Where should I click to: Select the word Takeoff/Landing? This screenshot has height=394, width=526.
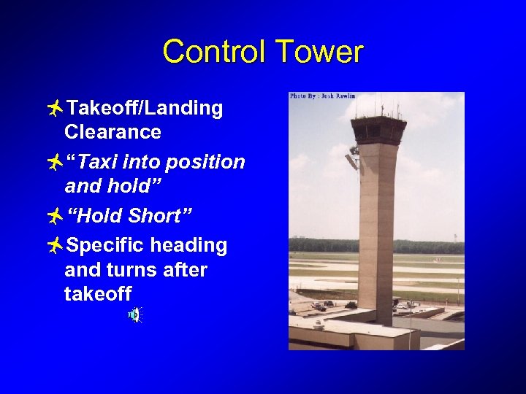click(145, 109)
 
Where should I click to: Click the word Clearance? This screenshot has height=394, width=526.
click(113, 132)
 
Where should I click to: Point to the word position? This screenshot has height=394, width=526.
click(205, 162)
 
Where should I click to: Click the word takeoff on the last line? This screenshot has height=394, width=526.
click(98, 294)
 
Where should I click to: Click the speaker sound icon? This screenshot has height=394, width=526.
click(135, 314)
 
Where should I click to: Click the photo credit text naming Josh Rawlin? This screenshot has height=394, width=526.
click(323, 96)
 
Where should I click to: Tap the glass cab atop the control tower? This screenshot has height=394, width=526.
click(378, 129)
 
